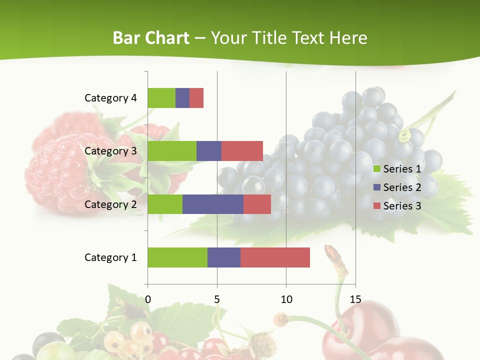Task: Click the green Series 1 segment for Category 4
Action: [161, 98]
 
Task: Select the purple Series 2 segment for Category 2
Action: [213, 204]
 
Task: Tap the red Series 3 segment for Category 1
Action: [275, 257]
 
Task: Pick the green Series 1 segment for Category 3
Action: [172, 151]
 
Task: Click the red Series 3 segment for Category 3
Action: [242, 151]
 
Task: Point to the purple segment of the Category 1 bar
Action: [224, 257]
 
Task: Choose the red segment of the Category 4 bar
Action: [196, 98]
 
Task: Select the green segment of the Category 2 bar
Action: [165, 204]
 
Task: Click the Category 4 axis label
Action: [110, 98]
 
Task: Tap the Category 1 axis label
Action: [110, 257]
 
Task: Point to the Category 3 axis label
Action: [110, 151]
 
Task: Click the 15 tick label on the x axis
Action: [355, 300]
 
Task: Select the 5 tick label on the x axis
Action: [217, 300]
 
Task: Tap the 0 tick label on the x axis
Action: [147, 300]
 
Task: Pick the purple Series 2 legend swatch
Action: [377, 187]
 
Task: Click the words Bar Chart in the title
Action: [151, 38]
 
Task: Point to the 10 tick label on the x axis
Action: [286, 300]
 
